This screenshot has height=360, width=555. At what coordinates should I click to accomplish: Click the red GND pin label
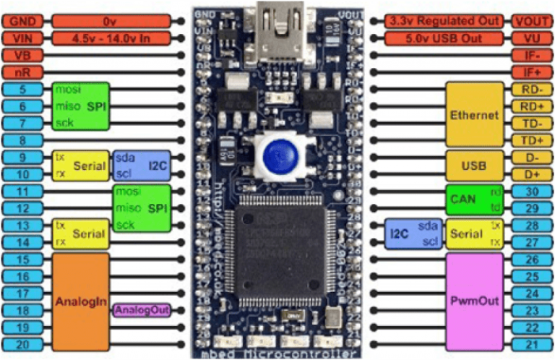pyautogui.click(x=22, y=21)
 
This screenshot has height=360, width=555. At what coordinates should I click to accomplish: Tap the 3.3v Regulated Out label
pyautogui.click(x=444, y=21)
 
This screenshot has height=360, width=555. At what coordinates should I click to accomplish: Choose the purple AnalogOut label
pyautogui.click(x=142, y=310)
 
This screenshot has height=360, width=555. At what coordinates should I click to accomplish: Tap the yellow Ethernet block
pyautogui.click(x=474, y=114)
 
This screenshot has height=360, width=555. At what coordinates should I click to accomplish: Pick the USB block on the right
pyautogui.click(x=474, y=166)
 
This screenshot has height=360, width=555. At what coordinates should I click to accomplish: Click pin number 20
pyautogui.click(x=22, y=345)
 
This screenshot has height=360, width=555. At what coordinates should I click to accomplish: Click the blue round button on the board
pyautogui.click(x=273, y=155)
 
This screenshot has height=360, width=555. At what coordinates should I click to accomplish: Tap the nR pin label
pyautogui.click(x=22, y=72)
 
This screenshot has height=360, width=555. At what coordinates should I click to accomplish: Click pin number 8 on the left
pyautogui.click(x=22, y=140)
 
